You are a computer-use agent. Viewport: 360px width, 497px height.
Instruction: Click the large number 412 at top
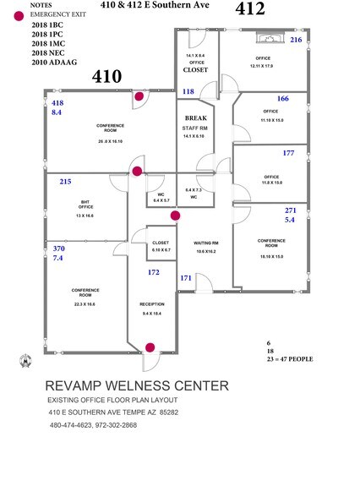[251, 10]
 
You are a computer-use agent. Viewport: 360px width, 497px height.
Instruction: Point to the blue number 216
[296, 40]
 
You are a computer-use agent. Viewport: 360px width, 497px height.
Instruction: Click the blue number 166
[282, 99]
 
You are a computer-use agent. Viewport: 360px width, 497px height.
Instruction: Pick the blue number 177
[289, 153]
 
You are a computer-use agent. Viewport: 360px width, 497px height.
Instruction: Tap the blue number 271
[291, 210]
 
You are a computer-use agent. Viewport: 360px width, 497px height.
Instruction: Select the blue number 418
[57, 102]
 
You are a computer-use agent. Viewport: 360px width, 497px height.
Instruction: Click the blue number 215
[66, 181]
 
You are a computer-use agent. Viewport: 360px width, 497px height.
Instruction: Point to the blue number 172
[154, 272]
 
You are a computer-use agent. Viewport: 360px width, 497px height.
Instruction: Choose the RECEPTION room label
[152, 303]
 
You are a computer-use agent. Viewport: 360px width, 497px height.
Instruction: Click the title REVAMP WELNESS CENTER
[136, 385]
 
